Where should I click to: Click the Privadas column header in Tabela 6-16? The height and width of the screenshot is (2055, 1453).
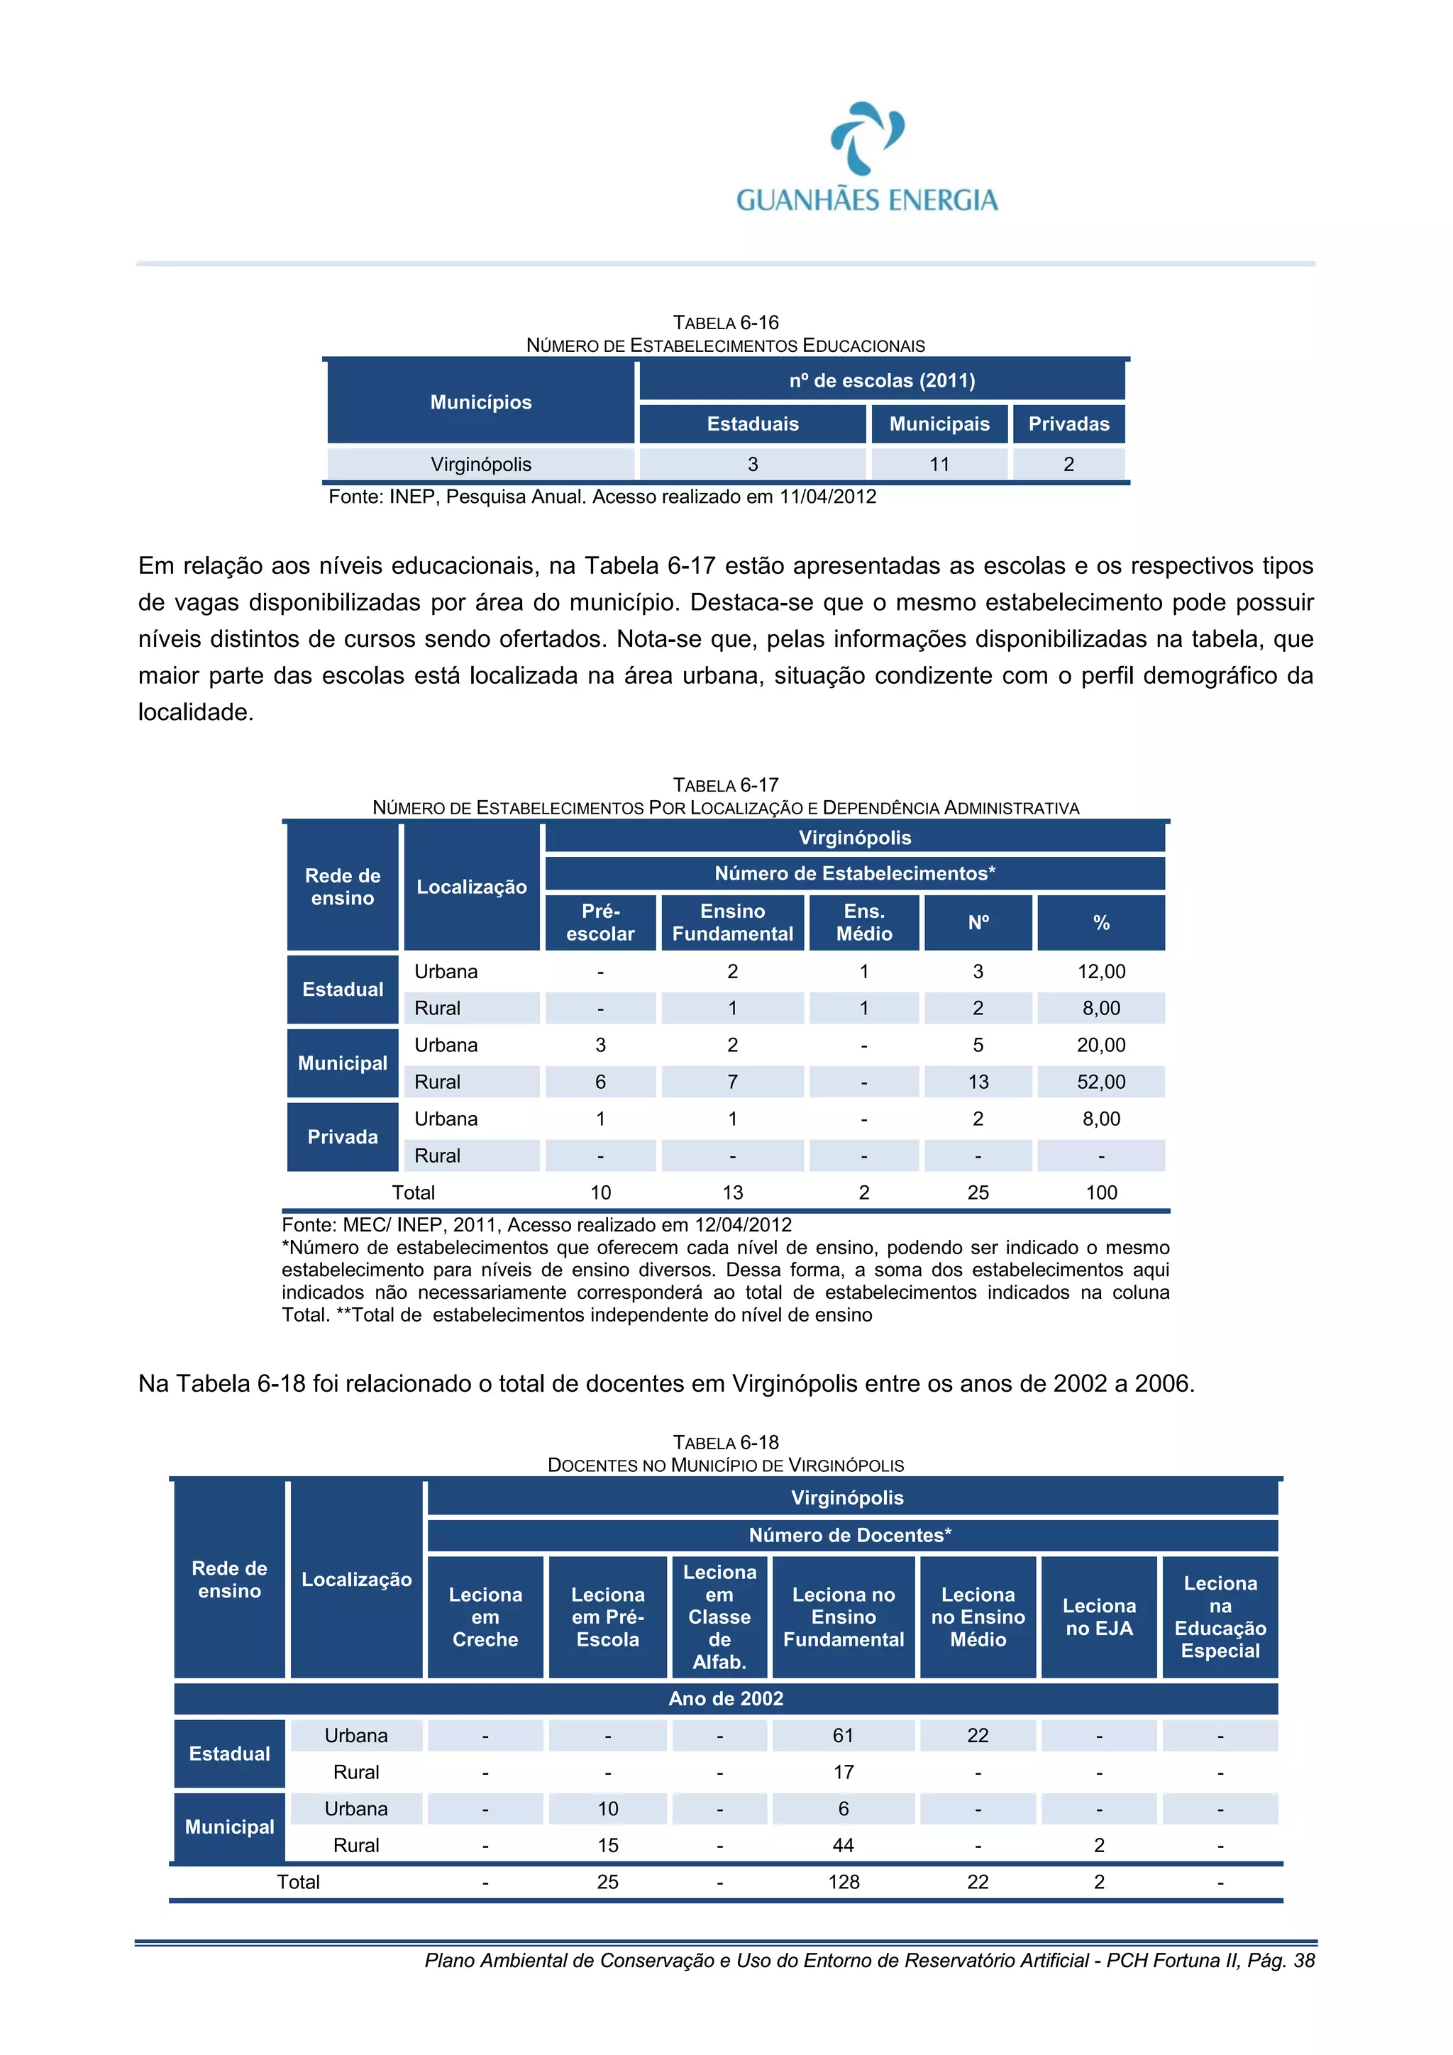tap(1068, 424)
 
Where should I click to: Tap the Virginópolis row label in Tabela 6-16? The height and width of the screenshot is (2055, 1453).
tap(481, 465)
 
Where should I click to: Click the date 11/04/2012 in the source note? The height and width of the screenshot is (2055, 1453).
tap(827, 497)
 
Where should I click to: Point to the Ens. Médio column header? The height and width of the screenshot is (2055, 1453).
tap(864, 922)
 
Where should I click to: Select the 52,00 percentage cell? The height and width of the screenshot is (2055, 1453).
tap(1100, 1082)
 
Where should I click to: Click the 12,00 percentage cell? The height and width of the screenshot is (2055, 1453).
tap(1100, 972)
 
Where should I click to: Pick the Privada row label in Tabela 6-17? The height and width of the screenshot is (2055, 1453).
tap(342, 1136)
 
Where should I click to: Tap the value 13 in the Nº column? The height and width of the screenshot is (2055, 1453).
tap(978, 1082)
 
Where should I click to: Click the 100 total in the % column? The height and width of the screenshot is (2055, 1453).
tap(1100, 1193)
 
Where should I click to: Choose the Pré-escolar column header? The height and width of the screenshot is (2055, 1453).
tap(600, 922)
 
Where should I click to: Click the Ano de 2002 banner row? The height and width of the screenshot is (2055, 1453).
tap(725, 1699)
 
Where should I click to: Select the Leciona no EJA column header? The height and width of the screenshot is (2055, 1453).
tap(1098, 1617)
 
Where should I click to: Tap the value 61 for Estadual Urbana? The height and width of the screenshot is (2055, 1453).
tap(842, 1736)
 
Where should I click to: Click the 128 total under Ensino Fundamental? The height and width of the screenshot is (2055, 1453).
tap(842, 1882)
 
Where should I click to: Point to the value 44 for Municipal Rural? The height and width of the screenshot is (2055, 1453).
tap(842, 1846)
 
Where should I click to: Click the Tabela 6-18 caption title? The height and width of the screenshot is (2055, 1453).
tap(725, 1443)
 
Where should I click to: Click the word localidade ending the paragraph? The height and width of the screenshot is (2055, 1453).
tap(194, 712)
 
